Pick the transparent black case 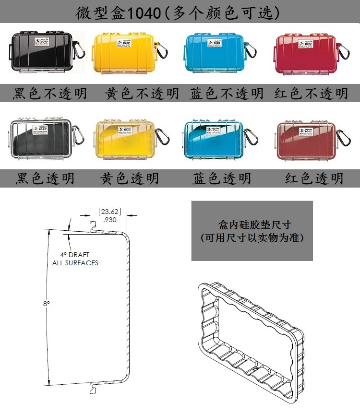[41, 139]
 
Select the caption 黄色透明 [129, 178]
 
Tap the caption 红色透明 [314, 178]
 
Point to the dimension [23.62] [109, 211]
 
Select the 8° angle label [46, 304]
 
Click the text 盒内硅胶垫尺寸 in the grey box [252, 224]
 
